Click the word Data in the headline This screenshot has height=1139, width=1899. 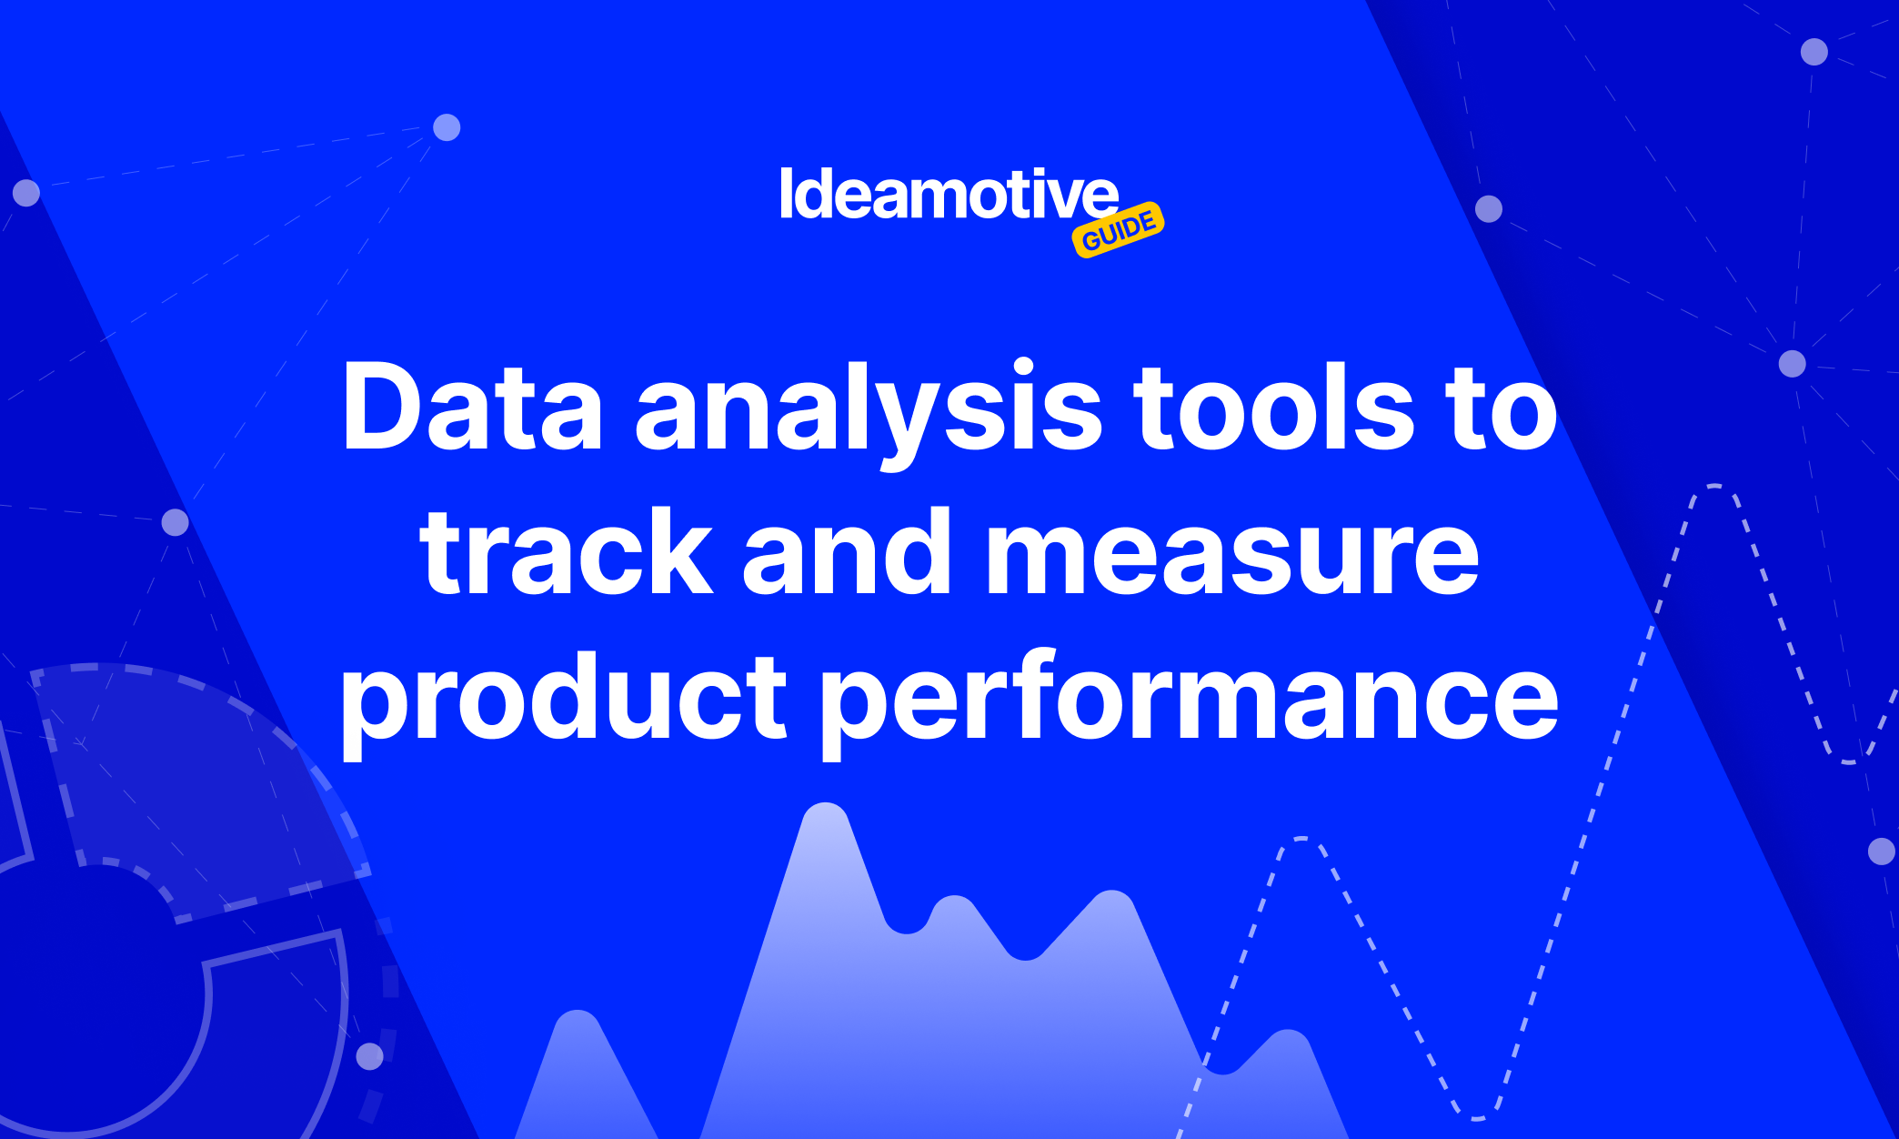click(x=472, y=407)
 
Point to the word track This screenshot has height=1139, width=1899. click(x=566, y=550)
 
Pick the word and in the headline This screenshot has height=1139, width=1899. click(x=847, y=550)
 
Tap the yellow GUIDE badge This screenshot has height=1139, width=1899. click(x=1119, y=229)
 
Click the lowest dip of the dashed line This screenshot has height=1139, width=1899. click(x=1475, y=1115)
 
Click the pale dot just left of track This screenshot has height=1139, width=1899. click(x=175, y=522)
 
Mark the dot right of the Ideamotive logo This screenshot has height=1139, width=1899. click(x=1488, y=208)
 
